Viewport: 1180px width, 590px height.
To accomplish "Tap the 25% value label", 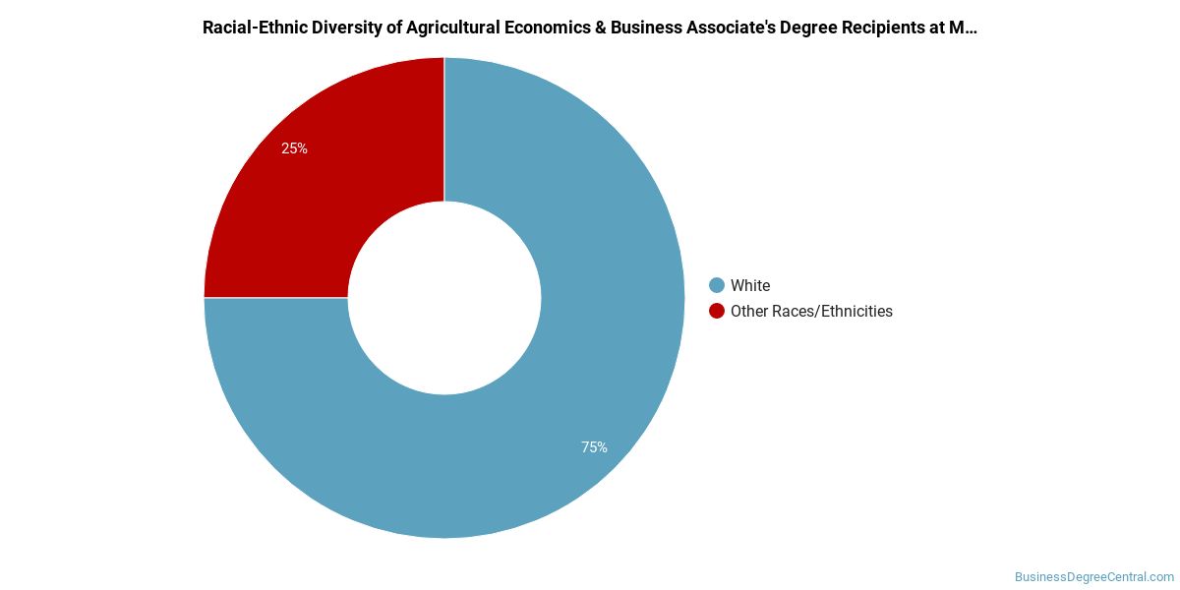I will tap(294, 148).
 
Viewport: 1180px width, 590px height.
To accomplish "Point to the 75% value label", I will tap(594, 447).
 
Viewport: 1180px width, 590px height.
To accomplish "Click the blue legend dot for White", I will tap(717, 285).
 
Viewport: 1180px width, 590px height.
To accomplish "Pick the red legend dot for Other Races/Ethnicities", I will tap(717, 311).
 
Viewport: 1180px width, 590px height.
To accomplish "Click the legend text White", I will tap(750, 285).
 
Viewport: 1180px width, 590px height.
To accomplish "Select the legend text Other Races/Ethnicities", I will tap(811, 311).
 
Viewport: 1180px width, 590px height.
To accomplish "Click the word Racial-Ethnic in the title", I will tap(251, 28).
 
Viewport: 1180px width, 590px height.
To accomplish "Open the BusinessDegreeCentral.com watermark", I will tap(1094, 577).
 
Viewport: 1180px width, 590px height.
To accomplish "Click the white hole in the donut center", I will tap(444, 298).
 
